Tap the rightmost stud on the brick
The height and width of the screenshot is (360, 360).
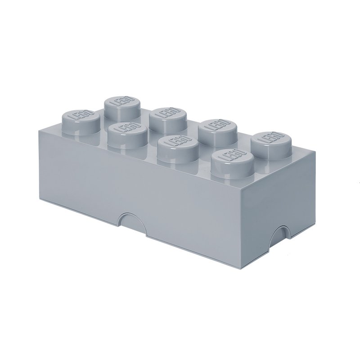(271, 144)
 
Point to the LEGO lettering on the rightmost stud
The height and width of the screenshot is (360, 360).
(271, 139)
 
